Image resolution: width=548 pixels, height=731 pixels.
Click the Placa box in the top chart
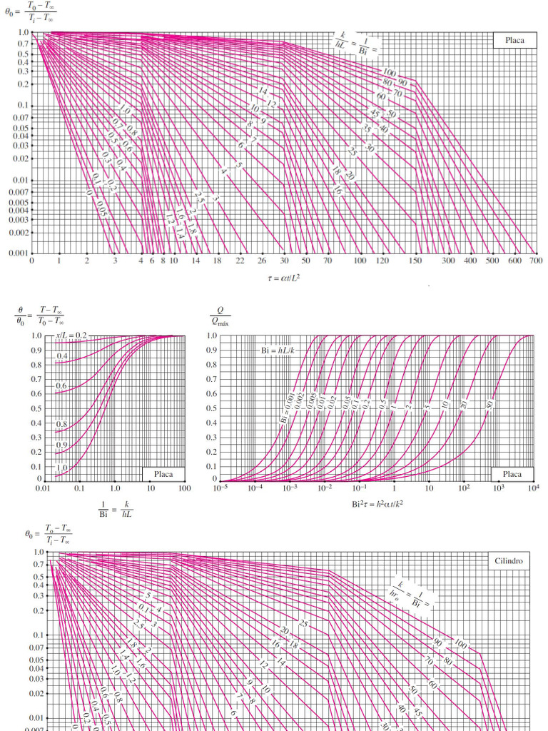click(x=514, y=40)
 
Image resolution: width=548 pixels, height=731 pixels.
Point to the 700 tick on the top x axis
click(x=536, y=261)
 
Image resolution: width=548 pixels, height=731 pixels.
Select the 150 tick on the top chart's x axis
click(x=415, y=261)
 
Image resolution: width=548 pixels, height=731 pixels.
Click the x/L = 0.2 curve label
click(x=71, y=335)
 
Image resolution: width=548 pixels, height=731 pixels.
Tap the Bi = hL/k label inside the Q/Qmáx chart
click(x=277, y=351)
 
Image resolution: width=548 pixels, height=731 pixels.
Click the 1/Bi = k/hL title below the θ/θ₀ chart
click(x=114, y=508)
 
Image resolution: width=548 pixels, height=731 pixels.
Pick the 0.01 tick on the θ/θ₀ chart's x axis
click(x=44, y=488)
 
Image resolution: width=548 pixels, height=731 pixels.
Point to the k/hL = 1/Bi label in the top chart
click(x=357, y=44)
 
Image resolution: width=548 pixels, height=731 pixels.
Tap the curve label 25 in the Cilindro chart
click(x=305, y=624)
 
